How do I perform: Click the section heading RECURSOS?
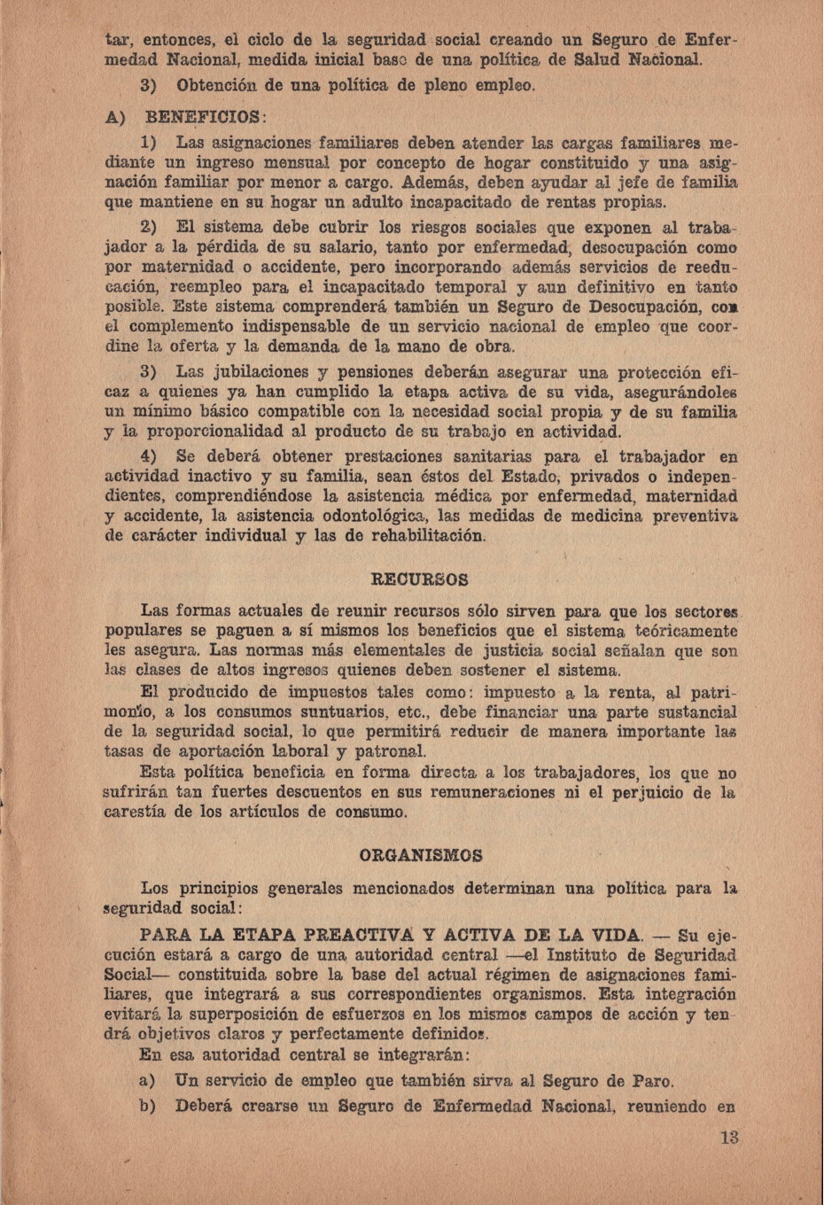419,580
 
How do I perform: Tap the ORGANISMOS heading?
421,856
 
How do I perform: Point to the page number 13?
728,1138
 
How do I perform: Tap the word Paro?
649,1081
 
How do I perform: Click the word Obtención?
218,87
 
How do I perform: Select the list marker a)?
148,1081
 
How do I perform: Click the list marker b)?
148,1106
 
